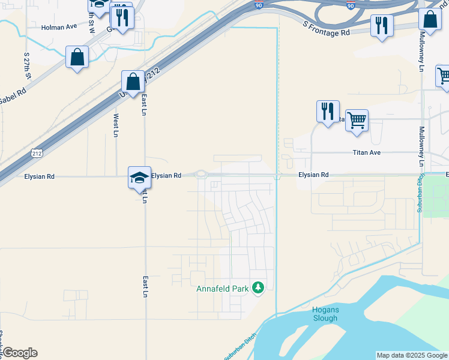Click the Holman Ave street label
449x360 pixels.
59,27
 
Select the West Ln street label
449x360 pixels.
116,125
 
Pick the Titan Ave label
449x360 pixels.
366,152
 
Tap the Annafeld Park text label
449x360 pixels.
222,289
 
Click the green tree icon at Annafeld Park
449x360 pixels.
258,288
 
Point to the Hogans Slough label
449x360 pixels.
326,313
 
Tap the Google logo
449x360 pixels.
19,353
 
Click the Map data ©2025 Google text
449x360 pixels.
412,355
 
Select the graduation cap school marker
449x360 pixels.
139,178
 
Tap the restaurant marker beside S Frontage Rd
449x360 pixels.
382,25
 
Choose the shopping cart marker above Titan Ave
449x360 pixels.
357,121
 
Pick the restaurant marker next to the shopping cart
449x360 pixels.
328,112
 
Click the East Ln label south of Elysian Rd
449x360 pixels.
145,287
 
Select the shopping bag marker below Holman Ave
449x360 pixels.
77,58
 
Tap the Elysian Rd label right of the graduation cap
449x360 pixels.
166,176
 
